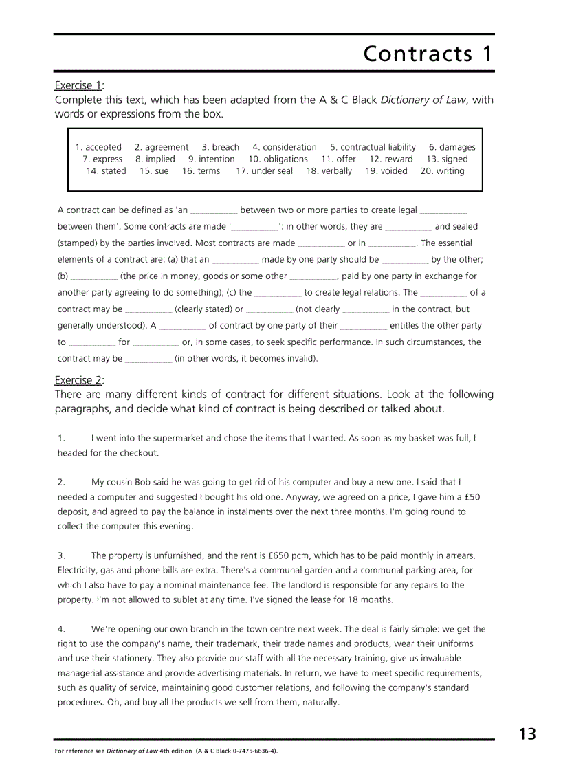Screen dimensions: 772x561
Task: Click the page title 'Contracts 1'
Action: (x=428, y=54)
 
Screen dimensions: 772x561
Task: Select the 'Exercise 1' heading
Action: (x=78, y=85)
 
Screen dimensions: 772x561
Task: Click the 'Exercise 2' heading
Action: (x=78, y=380)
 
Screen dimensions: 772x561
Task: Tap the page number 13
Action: (x=527, y=734)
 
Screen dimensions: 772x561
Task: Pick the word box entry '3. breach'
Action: (x=220, y=147)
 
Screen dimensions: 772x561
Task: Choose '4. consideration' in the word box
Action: (x=284, y=147)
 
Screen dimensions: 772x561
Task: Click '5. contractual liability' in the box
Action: (x=373, y=147)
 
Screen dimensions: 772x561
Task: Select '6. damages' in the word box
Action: (x=452, y=147)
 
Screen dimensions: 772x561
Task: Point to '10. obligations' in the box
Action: (x=278, y=159)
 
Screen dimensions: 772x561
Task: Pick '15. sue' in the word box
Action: (x=153, y=170)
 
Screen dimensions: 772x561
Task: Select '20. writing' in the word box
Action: (x=442, y=170)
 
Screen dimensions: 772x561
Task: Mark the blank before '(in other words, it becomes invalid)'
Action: (x=148, y=359)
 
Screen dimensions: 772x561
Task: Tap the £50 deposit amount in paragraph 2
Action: (x=470, y=497)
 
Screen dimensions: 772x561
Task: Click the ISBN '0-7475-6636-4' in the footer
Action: (x=252, y=751)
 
